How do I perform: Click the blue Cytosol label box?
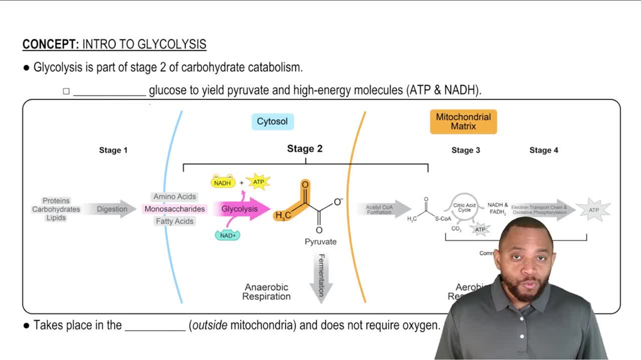click(x=272, y=122)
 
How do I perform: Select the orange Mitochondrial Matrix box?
click(x=463, y=122)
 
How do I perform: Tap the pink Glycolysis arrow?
click(x=242, y=209)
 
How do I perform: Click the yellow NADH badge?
click(x=222, y=183)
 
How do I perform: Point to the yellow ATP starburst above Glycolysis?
click(x=258, y=183)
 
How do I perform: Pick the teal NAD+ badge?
click(x=228, y=236)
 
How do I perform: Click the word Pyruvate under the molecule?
click(x=320, y=242)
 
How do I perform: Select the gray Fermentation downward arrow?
click(x=321, y=277)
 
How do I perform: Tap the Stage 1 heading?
click(x=113, y=151)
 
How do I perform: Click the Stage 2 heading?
click(x=304, y=149)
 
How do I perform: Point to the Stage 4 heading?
click(x=544, y=151)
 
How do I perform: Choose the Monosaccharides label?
click(x=174, y=209)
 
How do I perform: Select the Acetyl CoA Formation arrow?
click(x=382, y=209)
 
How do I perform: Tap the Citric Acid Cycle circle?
click(x=464, y=209)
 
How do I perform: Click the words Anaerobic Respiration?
click(x=267, y=292)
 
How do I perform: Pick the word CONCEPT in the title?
click(x=50, y=45)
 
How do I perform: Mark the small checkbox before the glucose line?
click(x=66, y=92)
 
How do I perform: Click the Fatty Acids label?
click(x=174, y=222)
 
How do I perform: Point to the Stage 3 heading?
click(x=466, y=151)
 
